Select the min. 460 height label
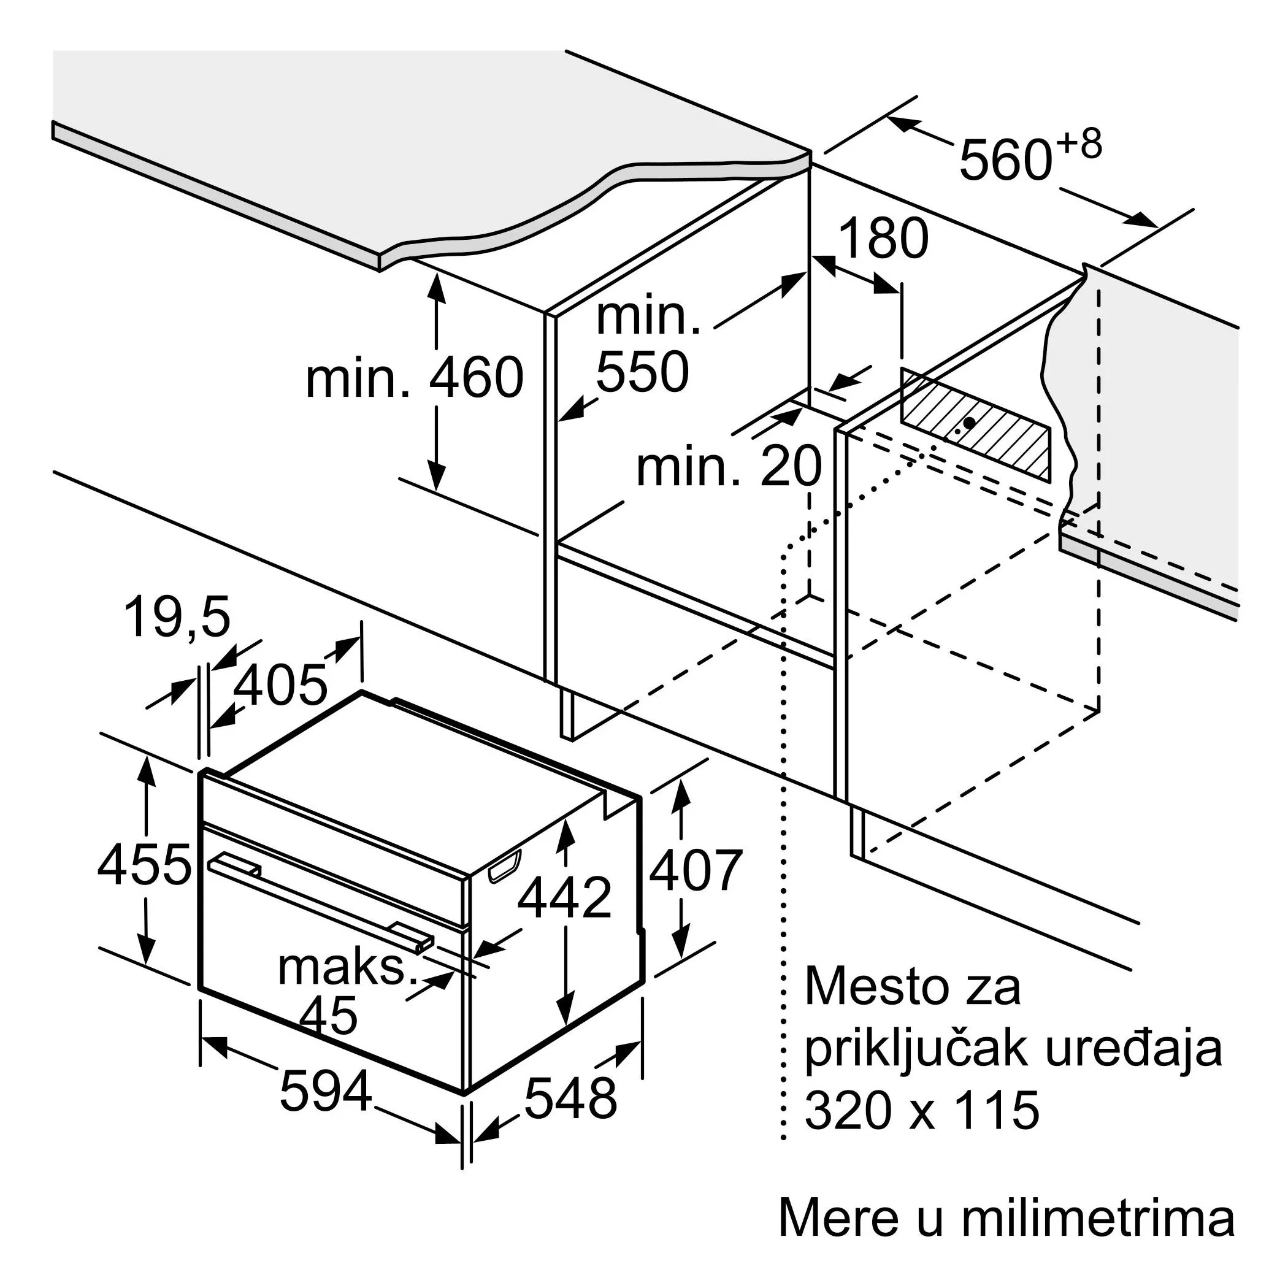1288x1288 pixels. [415, 377]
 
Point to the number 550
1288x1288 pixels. [642, 370]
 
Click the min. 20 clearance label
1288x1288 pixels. [729, 467]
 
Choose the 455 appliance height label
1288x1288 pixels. [145, 865]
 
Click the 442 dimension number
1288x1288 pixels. [564, 898]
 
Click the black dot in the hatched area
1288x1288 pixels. [969, 423]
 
